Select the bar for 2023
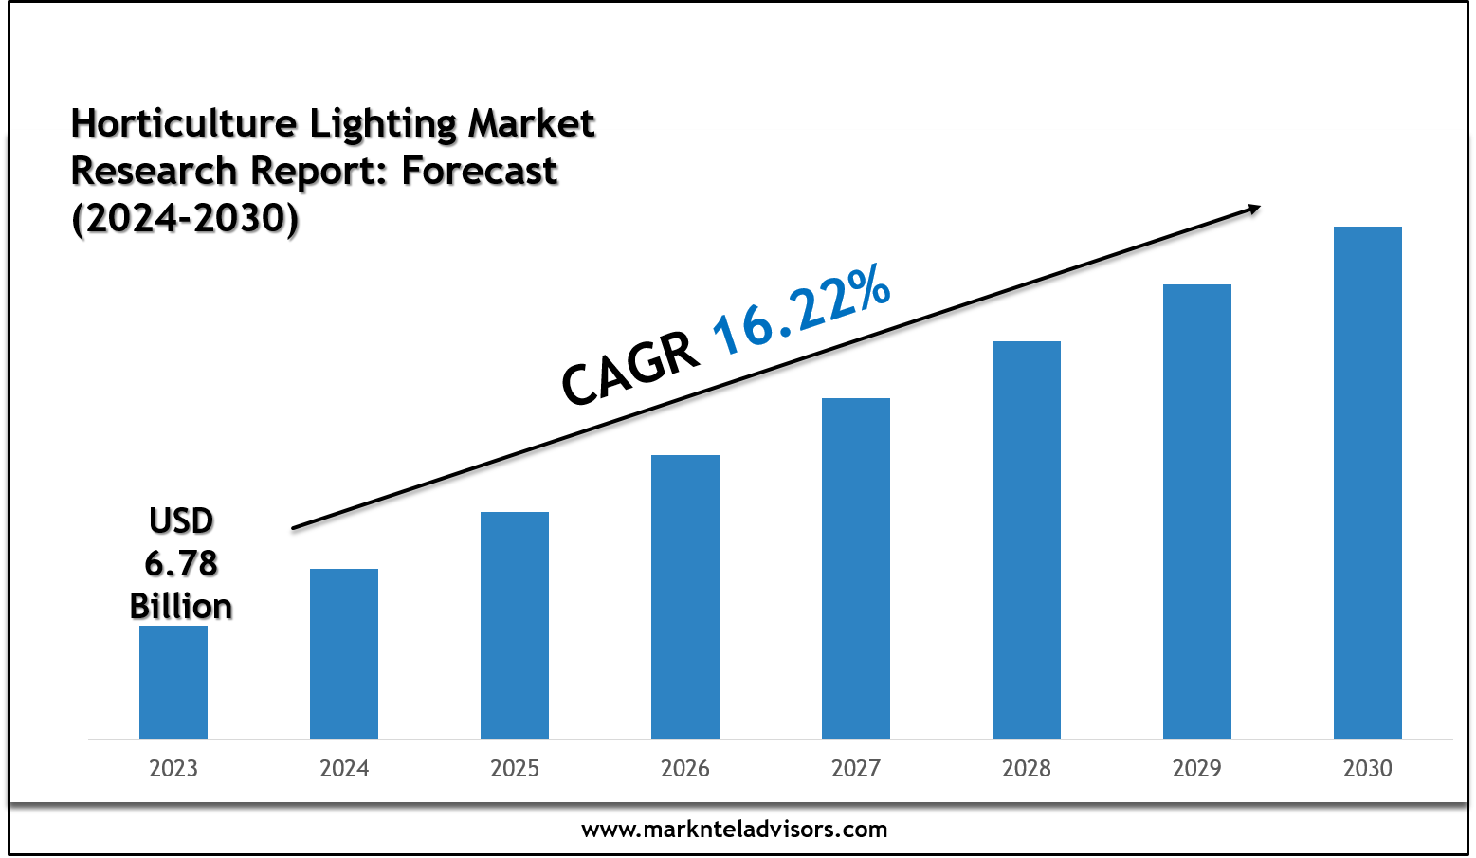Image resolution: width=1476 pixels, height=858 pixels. click(x=173, y=682)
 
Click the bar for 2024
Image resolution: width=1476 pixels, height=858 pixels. click(x=344, y=653)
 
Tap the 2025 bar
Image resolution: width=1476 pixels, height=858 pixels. click(x=515, y=625)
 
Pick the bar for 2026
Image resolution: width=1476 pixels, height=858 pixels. click(x=685, y=596)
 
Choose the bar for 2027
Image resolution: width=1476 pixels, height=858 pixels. click(x=856, y=568)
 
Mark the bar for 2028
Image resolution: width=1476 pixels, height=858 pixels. click(x=1027, y=539)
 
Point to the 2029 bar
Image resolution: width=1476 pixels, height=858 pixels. click(x=1197, y=511)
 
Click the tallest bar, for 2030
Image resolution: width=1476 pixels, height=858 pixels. click(x=1368, y=483)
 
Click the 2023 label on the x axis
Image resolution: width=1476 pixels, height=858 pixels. click(x=173, y=768)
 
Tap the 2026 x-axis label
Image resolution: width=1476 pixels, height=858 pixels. click(x=685, y=768)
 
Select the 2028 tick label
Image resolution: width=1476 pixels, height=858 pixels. click(x=1027, y=768)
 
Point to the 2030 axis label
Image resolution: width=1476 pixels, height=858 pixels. click(x=1368, y=768)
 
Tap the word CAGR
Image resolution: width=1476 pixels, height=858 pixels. click(x=630, y=371)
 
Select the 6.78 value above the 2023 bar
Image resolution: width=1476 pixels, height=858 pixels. click(x=181, y=563)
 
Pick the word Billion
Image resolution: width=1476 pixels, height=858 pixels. click(x=181, y=606)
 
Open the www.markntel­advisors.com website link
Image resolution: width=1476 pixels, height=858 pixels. click(x=735, y=830)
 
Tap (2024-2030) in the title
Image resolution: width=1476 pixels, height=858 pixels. click(x=186, y=218)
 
